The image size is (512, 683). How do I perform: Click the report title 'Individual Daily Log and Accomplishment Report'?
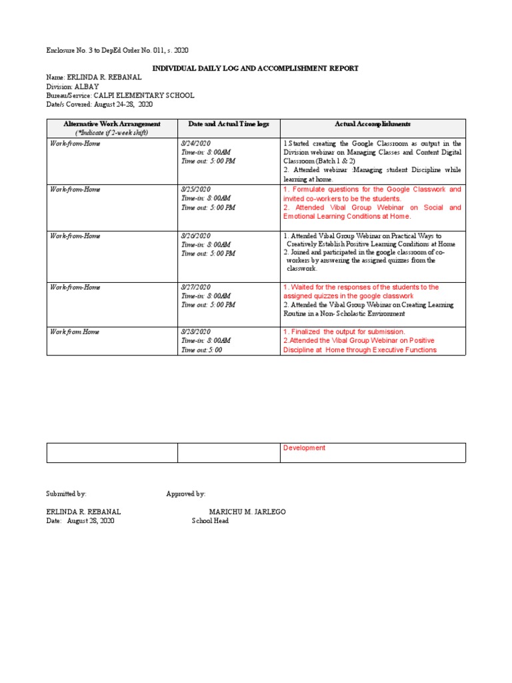[x=256, y=68]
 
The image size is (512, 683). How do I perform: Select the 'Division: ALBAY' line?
[x=72, y=87]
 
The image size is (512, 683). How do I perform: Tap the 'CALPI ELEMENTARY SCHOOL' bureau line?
[x=120, y=95]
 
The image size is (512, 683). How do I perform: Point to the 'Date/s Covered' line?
[x=99, y=105]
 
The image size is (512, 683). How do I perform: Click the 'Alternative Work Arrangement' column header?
[x=111, y=124]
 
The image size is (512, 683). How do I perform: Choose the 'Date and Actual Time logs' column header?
[x=229, y=124]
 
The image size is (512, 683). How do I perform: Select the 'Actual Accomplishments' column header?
[x=373, y=124]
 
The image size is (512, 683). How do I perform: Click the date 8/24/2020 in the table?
[x=195, y=143]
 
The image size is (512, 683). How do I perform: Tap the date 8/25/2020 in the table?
[x=195, y=189]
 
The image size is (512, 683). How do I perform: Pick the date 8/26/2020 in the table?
[x=195, y=235]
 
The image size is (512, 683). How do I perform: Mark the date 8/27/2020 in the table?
[x=195, y=287]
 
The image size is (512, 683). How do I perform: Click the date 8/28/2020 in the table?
[x=195, y=331]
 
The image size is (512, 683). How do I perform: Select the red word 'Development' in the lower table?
[x=304, y=448]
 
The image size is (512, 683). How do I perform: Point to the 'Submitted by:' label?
[x=66, y=494]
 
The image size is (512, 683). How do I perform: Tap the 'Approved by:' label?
[x=185, y=494]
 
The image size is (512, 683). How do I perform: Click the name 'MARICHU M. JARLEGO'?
[x=247, y=512]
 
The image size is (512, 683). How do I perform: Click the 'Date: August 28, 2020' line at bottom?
[x=80, y=521]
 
